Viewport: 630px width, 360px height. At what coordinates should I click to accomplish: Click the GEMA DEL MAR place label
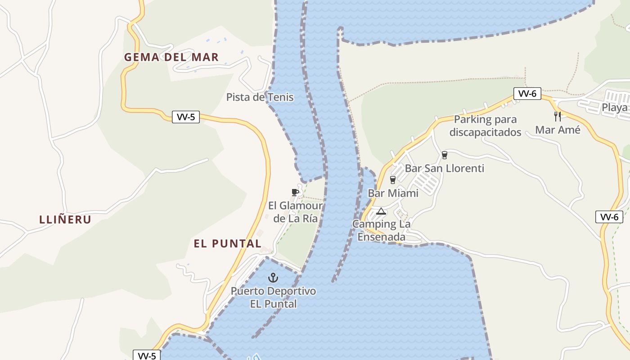(171, 57)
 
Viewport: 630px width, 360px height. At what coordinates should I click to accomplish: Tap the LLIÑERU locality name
(65, 220)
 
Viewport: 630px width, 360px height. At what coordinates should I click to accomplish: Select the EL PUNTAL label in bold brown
(227, 243)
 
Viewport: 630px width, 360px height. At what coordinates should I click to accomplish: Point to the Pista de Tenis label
(260, 97)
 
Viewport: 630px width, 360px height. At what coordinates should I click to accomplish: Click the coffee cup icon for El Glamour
(295, 193)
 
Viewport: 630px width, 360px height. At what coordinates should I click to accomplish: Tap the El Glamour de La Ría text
(296, 212)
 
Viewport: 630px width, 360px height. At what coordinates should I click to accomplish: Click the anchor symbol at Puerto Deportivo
(273, 277)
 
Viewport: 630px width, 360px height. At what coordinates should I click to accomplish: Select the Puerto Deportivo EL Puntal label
(273, 297)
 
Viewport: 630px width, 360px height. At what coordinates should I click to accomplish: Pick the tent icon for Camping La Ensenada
(381, 211)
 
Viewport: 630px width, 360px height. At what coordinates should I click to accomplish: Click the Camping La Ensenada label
(381, 230)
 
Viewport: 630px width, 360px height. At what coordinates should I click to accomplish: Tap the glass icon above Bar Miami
(393, 180)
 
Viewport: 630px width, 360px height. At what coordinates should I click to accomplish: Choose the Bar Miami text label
(393, 193)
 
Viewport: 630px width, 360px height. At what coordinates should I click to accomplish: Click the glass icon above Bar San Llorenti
(445, 155)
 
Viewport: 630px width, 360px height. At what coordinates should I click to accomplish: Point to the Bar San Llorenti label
(445, 168)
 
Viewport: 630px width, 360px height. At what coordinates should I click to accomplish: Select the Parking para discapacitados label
(485, 126)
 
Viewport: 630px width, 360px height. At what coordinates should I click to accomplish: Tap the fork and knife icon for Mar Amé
(558, 116)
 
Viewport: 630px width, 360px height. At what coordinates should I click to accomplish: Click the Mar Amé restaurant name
(558, 130)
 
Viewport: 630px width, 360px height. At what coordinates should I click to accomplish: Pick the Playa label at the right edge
(615, 108)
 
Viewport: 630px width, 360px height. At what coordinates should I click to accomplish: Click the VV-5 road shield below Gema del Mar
(186, 117)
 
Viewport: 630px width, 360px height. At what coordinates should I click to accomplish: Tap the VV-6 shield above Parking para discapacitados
(527, 94)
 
